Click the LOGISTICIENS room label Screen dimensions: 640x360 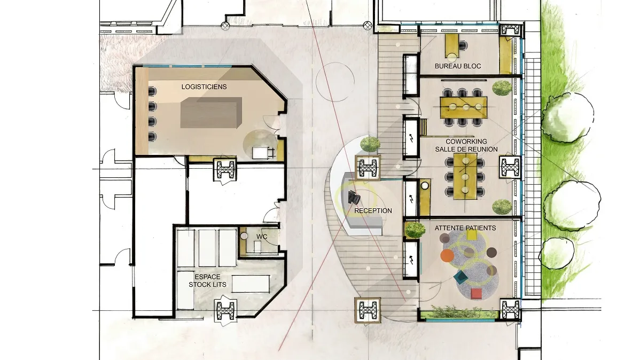click(x=204, y=87)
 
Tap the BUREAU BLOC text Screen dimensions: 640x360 click(x=457, y=66)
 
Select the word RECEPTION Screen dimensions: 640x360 click(x=373, y=210)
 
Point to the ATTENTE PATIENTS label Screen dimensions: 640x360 click(x=465, y=228)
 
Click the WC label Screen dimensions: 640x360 click(x=262, y=237)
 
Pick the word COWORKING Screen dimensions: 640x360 click(x=466, y=142)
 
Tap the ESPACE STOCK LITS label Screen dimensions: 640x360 click(x=207, y=281)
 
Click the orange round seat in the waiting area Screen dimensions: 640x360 click(x=447, y=256)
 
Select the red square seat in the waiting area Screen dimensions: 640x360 click(x=477, y=293)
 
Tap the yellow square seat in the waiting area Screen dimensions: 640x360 click(x=471, y=235)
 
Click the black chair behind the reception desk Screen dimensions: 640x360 click(x=354, y=198)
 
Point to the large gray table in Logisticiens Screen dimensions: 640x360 click(x=211, y=113)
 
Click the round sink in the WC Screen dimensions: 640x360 click(x=244, y=236)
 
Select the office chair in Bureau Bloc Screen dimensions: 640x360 click(x=463, y=45)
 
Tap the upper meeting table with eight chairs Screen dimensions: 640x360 click(x=464, y=107)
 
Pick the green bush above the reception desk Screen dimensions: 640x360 click(x=370, y=144)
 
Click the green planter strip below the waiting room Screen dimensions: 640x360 click(x=459, y=314)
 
